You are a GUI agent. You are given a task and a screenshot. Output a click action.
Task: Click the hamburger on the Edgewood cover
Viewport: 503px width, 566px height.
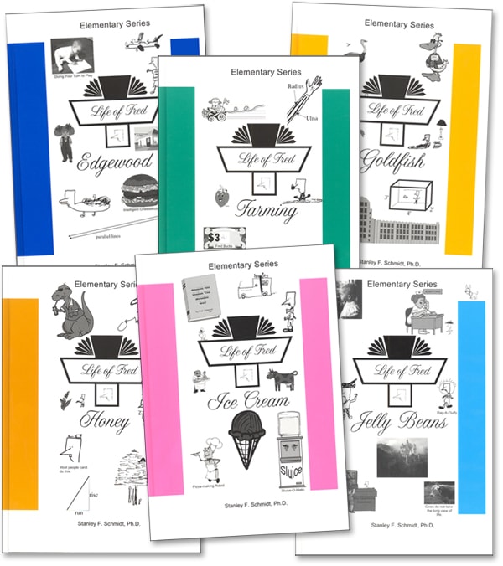pos(138,197)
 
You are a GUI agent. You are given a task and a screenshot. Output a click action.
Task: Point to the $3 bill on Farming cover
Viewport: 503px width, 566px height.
pos(220,237)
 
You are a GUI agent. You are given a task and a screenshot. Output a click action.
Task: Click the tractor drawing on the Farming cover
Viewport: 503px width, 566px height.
pos(217,110)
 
